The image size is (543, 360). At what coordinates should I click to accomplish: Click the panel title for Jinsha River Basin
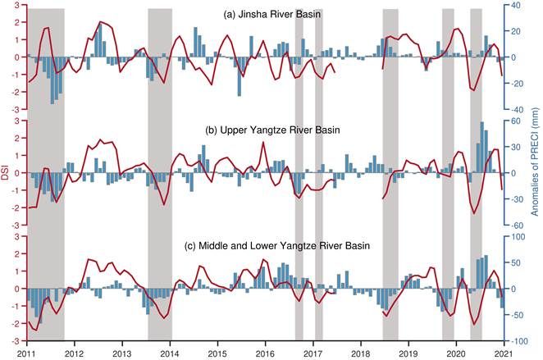point(272,16)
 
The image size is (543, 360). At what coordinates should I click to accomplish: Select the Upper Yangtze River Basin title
point(271,130)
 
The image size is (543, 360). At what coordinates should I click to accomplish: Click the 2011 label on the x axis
point(26,353)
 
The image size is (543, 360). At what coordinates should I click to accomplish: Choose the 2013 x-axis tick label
point(122,353)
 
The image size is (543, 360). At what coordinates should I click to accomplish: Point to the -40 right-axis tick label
point(518,110)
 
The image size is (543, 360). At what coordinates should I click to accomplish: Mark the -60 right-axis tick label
point(518,225)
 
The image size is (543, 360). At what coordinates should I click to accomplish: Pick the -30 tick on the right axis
point(518,199)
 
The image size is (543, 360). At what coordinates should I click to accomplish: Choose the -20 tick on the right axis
point(518,84)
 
